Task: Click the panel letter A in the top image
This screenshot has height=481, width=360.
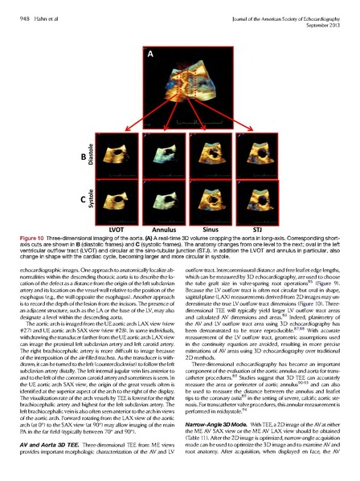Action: [149, 55]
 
